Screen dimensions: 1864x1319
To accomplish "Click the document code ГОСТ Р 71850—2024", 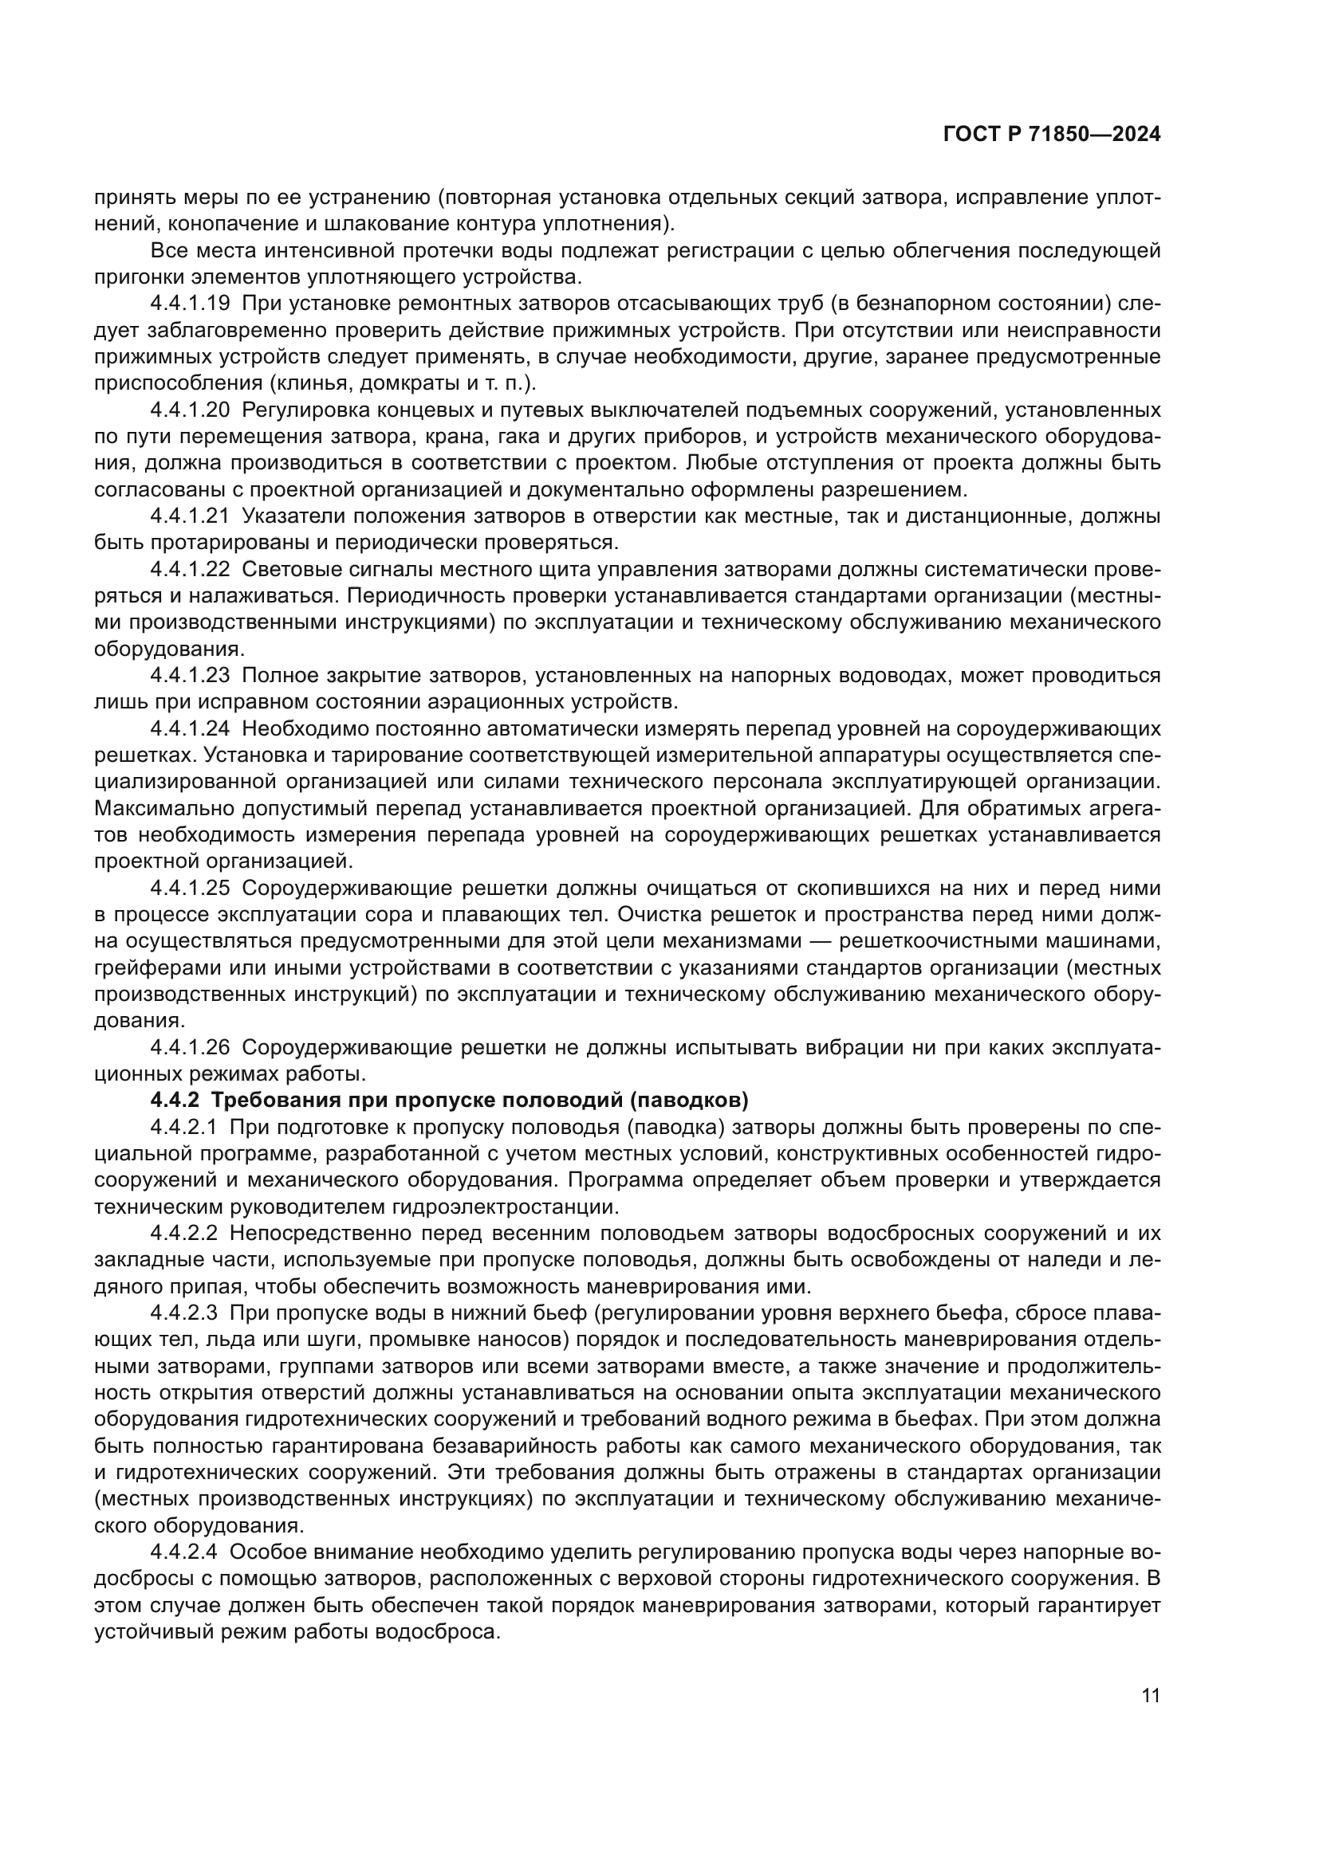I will coord(1051,135).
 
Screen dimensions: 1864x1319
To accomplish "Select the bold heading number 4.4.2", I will coord(174,1101).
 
